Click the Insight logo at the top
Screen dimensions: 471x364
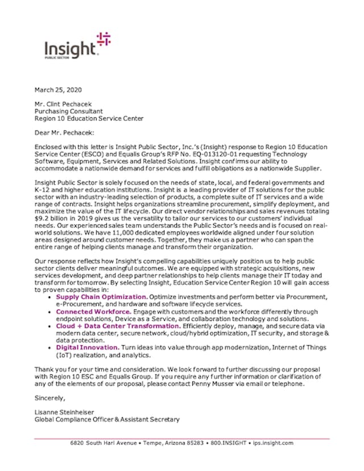[x=77, y=46]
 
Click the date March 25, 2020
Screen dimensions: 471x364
[x=58, y=90]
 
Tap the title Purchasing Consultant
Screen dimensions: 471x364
[x=68, y=111]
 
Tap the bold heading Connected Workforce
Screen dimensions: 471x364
[x=94, y=312]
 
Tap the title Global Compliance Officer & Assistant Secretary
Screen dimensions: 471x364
[x=107, y=420]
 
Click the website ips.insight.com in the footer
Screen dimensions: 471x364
[x=273, y=443]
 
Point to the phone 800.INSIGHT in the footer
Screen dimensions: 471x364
[x=227, y=443]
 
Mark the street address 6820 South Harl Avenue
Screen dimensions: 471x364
[x=107, y=443]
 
